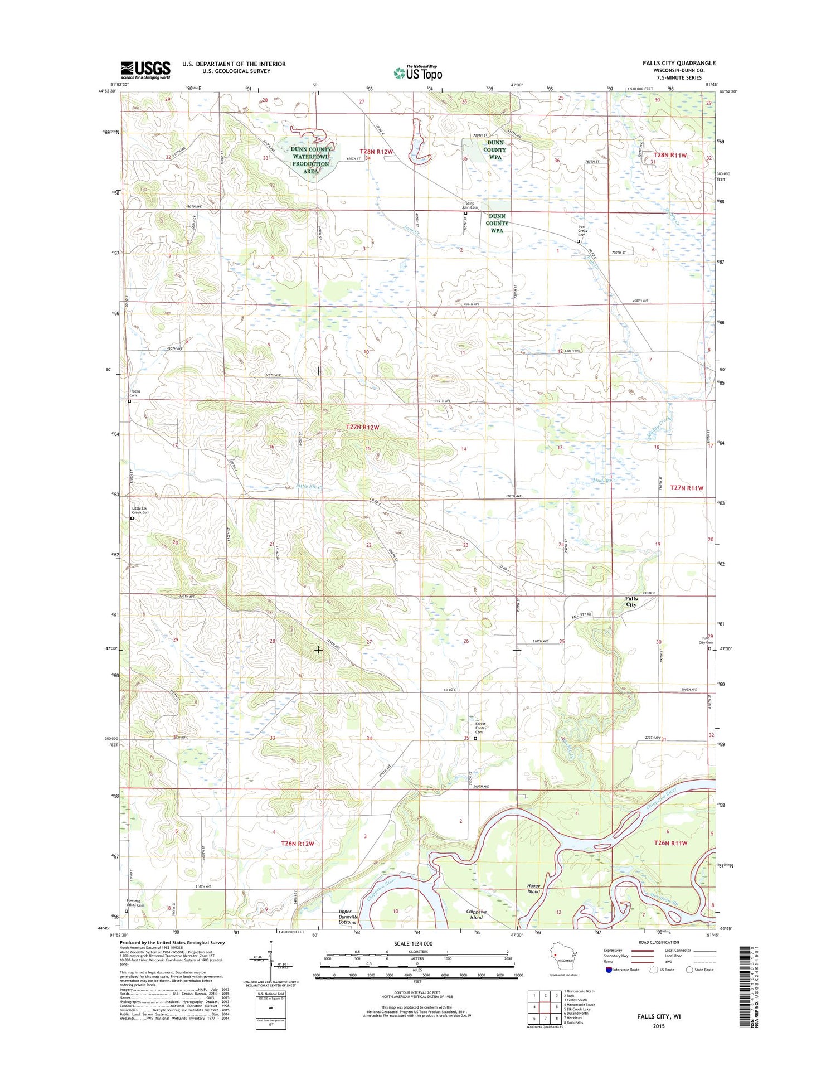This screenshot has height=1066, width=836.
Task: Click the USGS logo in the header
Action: (145, 70)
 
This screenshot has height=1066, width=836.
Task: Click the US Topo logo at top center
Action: (418, 73)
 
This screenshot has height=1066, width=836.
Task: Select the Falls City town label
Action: (631, 602)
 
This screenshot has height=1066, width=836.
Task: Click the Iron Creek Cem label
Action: (582, 231)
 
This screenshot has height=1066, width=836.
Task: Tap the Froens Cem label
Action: (135, 393)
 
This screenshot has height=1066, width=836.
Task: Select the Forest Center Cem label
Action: (481, 728)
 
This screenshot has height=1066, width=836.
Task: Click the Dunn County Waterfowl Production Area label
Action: (310, 160)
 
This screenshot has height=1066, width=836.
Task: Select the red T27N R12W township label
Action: (362, 427)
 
